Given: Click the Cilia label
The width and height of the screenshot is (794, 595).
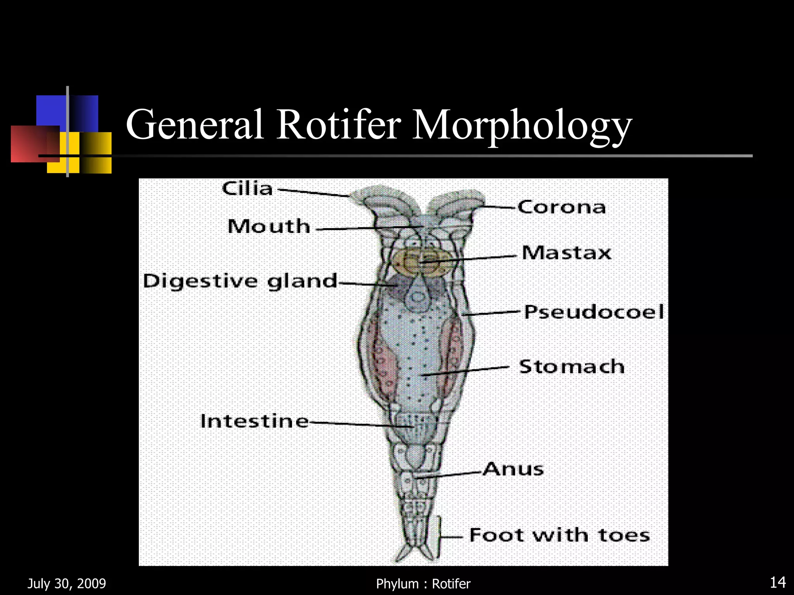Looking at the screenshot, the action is tap(247, 189).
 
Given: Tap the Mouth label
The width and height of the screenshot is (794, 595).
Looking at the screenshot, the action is tap(269, 226).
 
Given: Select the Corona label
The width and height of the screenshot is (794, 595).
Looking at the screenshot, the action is tap(562, 207).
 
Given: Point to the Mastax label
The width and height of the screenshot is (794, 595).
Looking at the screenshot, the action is tap(566, 253).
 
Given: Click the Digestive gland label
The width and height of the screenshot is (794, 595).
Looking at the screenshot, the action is tap(240, 281).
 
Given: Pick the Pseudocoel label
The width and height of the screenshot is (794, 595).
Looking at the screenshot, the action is tap(594, 312).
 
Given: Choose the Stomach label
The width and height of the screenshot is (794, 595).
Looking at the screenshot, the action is tap(572, 366).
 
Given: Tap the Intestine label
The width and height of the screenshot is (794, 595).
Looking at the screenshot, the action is tap(254, 421).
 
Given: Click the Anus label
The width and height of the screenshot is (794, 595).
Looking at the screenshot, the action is tap(513, 469).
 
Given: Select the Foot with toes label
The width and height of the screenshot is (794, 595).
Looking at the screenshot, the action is tap(559, 535).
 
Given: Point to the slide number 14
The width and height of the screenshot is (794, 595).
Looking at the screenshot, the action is tap(778, 583).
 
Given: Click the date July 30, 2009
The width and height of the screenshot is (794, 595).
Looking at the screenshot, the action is tap(67, 583).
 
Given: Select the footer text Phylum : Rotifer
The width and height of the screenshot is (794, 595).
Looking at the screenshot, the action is tap(423, 584).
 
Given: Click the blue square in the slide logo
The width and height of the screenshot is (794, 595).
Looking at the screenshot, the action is tap(67, 112).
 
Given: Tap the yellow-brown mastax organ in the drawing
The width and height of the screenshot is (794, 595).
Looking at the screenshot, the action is tap(423, 263).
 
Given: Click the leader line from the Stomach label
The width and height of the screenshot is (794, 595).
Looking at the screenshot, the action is tap(466, 371).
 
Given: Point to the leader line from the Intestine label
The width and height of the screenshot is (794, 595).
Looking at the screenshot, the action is tap(362, 424).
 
